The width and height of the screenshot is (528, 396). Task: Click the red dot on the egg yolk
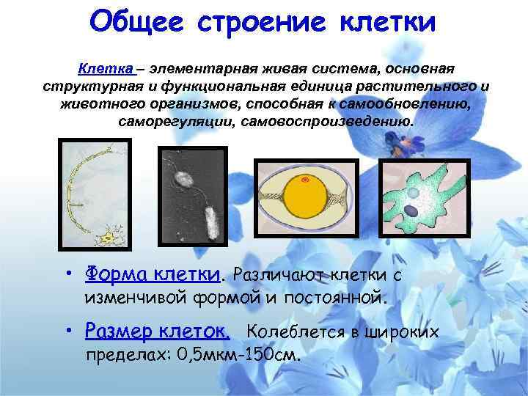pyautogui.click(x=305, y=180)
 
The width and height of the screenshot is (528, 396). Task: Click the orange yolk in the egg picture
pyautogui.click(x=305, y=201)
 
